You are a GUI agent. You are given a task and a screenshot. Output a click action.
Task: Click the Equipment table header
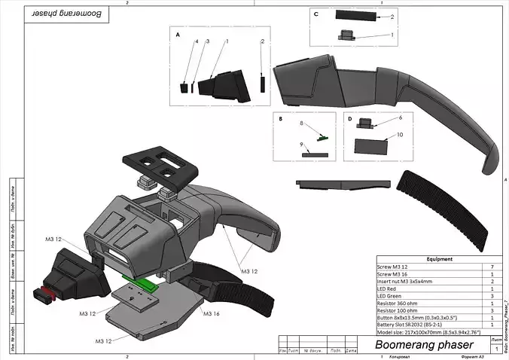tap(439, 259)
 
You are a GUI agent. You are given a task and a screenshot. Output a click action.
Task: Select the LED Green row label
tap(392, 294)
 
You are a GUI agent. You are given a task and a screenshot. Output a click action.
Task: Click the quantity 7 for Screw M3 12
tap(492, 267)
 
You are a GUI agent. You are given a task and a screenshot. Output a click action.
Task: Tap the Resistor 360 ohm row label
tap(399, 301)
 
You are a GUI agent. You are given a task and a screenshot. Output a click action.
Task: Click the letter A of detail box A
tap(178, 35)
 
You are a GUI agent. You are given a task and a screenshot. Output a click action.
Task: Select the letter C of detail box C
tap(316, 14)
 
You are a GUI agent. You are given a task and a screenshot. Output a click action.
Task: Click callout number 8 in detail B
tap(301, 123)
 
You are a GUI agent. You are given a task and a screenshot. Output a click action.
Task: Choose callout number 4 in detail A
tap(197, 41)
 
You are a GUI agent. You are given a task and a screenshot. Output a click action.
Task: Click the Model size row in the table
tap(432, 330)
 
